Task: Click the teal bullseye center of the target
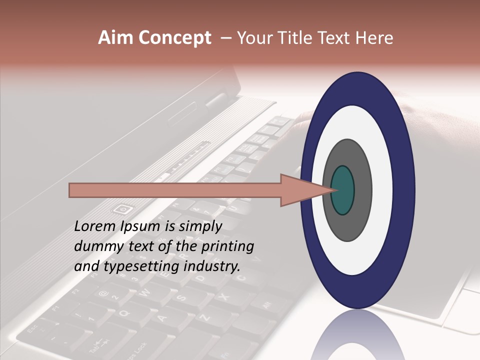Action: [x=342, y=190]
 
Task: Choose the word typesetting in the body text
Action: [x=134, y=266]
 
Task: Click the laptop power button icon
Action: [x=122, y=208]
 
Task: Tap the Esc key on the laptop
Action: [x=32, y=330]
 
